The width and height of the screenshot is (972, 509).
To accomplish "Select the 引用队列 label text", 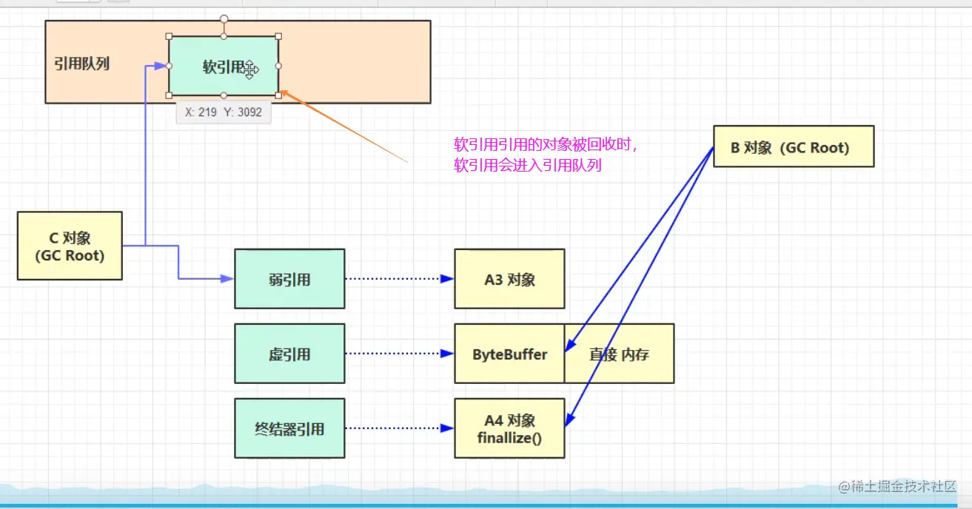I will (x=81, y=64).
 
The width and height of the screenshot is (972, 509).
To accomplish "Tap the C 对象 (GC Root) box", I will (x=70, y=246).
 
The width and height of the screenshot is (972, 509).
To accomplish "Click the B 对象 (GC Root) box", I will (x=793, y=146).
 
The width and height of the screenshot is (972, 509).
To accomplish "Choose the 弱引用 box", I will (x=289, y=279).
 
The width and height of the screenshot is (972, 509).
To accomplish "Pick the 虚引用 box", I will (x=289, y=354).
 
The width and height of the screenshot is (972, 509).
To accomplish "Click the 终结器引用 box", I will (x=289, y=428).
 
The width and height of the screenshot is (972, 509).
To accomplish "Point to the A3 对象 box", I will (x=509, y=279).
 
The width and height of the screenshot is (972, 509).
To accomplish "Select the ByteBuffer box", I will (x=509, y=354).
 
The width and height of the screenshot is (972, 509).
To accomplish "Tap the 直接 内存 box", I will (x=619, y=354).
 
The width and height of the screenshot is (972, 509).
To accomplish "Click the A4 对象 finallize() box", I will (x=509, y=428).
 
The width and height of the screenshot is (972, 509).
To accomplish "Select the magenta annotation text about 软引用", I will (x=546, y=155).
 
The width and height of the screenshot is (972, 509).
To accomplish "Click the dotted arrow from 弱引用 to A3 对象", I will (x=398, y=279).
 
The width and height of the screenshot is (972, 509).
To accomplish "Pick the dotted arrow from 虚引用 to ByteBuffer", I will (x=398, y=354).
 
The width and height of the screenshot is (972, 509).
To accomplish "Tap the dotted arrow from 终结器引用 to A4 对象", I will (x=398, y=428).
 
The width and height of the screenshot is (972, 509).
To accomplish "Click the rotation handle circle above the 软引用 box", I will (x=224, y=18).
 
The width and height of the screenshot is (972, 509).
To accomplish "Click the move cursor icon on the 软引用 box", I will (x=250, y=70).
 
